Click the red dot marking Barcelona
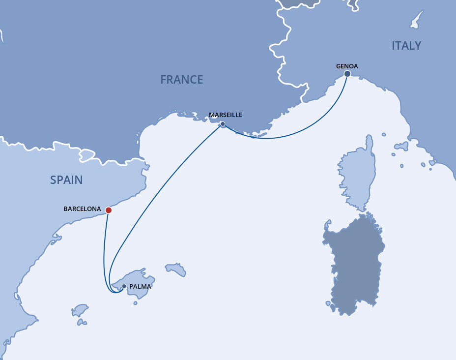pos(109,210)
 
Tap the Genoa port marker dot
pos(347,74)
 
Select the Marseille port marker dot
pos(223,124)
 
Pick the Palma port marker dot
pos(124,286)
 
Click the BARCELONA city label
pos(82,209)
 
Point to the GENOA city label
pos(347,65)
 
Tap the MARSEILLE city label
pos(226,115)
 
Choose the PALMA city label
pos(140,286)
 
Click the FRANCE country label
pos(181,80)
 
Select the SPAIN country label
pos(66,180)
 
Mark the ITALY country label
pos(406,46)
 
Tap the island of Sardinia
pos(354,261)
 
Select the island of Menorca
pos(175,269)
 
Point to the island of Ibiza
pos(80,310)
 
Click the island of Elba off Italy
pos(401,147)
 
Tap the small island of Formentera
pos(82,322)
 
